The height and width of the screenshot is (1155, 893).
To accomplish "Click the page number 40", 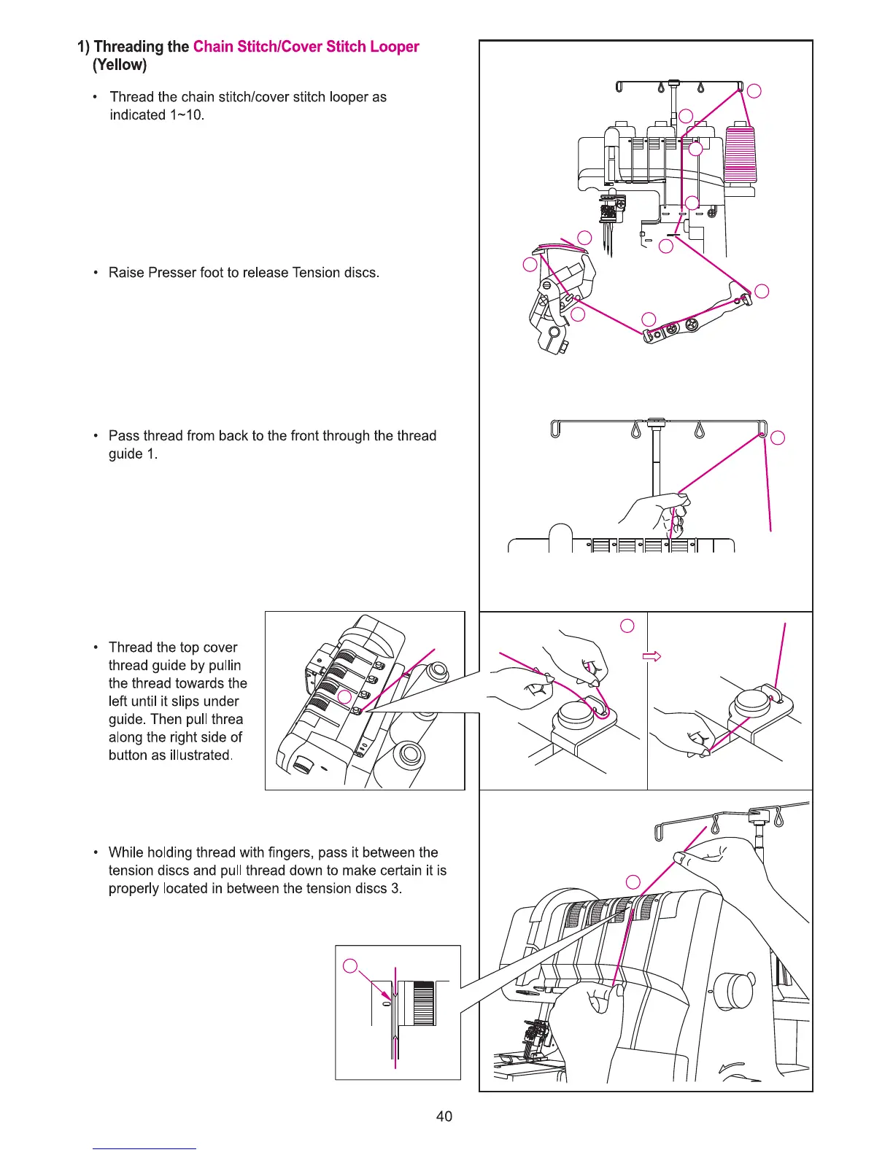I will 444,1116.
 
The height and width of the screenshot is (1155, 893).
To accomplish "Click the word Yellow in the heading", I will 120,65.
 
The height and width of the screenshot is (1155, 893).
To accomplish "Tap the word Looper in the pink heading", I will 394,47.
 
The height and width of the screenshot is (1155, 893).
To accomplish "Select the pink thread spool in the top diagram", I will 741,154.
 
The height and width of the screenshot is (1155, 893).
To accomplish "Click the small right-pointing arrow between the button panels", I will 652,656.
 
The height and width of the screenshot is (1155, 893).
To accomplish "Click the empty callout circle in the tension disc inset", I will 350,967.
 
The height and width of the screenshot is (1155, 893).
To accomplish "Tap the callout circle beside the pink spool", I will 755,91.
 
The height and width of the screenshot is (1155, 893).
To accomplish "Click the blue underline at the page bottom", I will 144,1148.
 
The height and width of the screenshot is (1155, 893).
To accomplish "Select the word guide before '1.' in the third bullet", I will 125,454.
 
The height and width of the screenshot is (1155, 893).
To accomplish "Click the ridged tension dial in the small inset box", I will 423,1003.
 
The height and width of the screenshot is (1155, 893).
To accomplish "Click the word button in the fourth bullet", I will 128,755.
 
